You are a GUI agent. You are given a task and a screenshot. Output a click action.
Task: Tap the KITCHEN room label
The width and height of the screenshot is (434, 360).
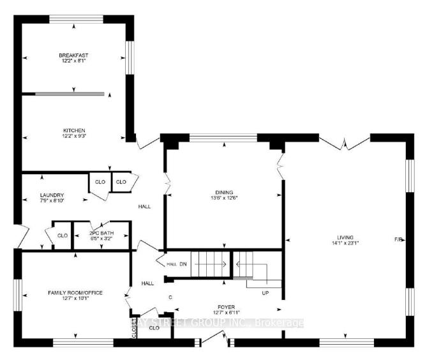[74, 130]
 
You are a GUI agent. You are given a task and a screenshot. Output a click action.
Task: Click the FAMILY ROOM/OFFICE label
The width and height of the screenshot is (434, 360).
[75, 292]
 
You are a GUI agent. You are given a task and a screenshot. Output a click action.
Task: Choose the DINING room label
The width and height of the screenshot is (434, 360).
[223, 192]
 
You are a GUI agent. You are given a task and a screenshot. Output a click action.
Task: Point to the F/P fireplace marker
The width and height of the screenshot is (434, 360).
[398, 239]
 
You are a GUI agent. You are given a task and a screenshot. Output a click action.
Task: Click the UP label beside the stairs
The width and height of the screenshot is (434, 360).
[266, 293]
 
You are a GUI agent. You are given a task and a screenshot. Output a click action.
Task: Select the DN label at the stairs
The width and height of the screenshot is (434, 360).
[183, 264]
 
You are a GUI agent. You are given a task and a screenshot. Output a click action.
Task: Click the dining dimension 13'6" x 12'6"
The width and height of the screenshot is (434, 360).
[223, 198]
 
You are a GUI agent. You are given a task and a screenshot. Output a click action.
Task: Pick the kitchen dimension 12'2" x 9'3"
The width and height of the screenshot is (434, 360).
[74, 136]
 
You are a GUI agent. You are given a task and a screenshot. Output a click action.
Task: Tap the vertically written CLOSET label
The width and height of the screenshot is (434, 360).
[135, 329]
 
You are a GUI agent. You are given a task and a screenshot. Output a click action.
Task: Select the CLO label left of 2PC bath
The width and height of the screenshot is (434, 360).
[62, 236]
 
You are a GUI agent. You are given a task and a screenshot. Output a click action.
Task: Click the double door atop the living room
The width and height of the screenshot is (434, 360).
[345, 144]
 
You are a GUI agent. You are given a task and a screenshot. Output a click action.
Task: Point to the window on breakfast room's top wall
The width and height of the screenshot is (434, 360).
[75, 19]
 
